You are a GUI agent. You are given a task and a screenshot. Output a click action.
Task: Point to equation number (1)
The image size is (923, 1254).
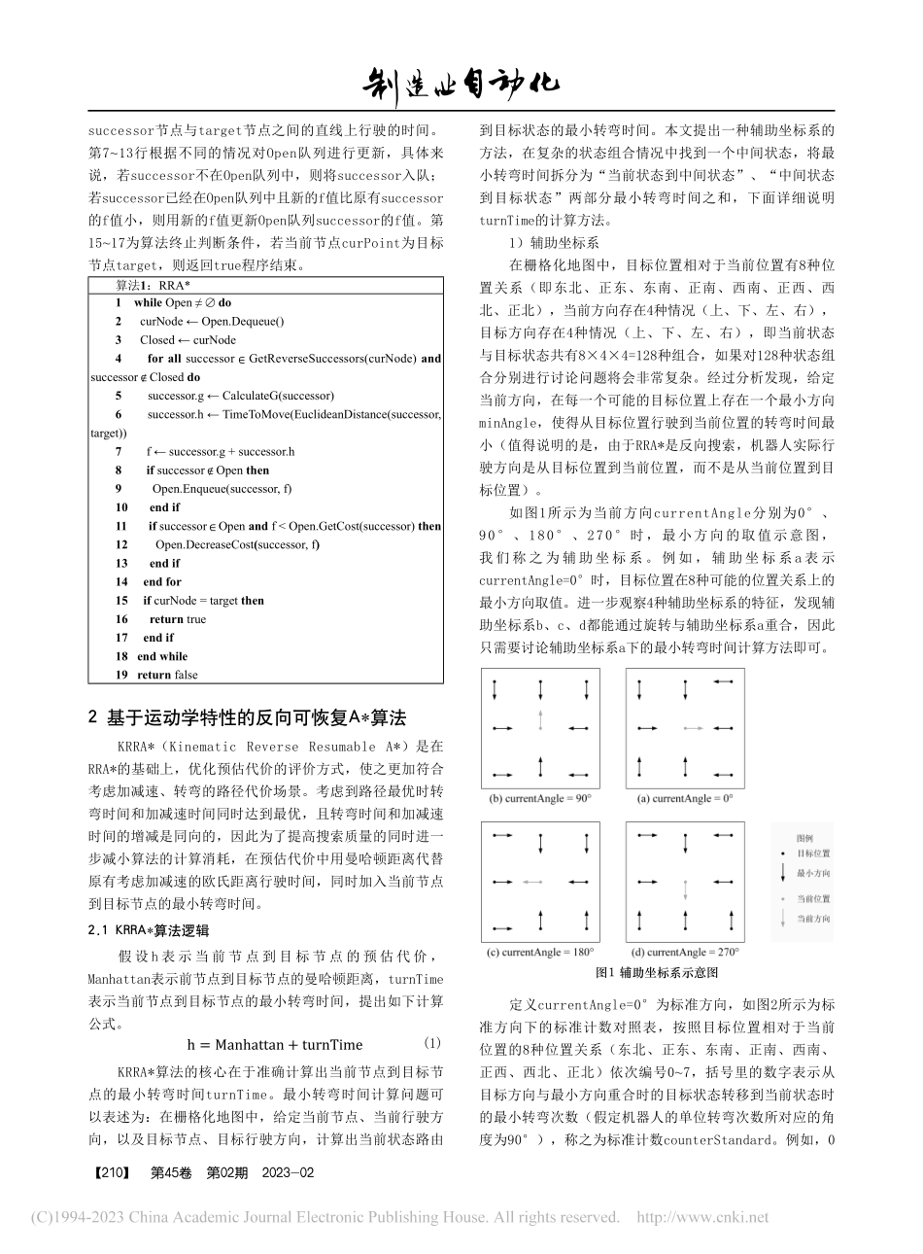pos(432,1043)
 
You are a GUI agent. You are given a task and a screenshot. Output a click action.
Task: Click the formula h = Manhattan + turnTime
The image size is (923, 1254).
pos(275,1045)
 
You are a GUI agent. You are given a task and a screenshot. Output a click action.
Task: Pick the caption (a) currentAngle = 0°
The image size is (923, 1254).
pos(684,798)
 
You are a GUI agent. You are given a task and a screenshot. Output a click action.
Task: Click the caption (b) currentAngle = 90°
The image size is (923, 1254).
pos(540,798)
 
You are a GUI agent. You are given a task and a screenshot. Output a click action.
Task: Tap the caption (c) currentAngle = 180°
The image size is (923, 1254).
pos(540,951)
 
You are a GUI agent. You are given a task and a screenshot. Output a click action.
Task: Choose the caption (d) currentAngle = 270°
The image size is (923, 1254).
pos(684,951)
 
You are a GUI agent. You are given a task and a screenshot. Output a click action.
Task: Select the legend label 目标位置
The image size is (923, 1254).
pos(813,852)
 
